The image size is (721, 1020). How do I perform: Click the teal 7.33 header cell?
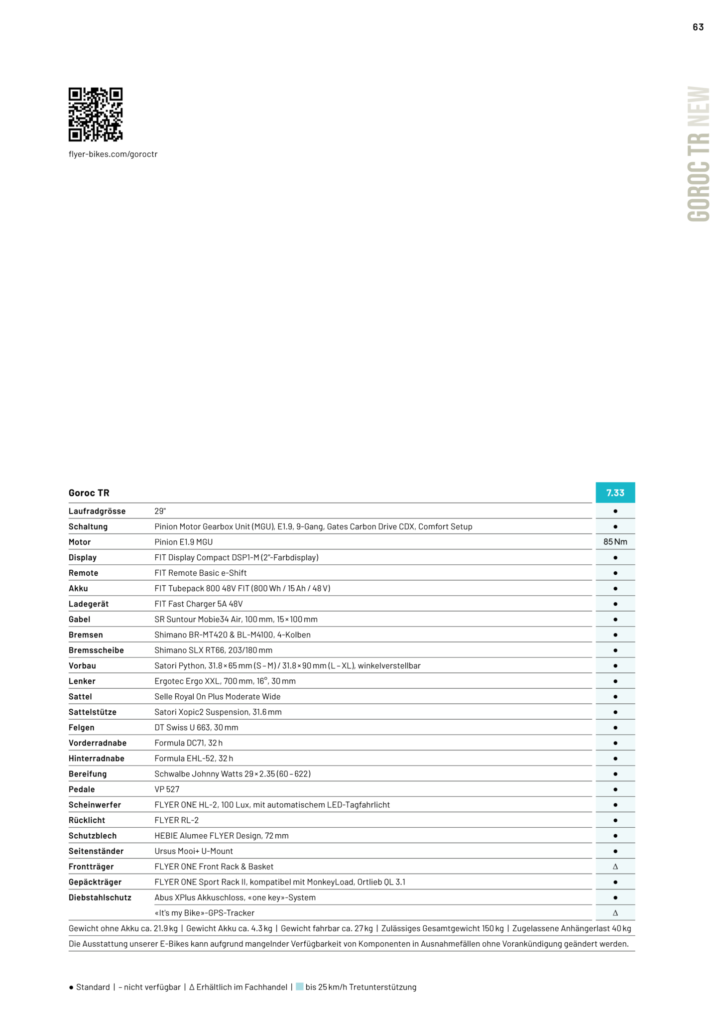click(x=615, y=493)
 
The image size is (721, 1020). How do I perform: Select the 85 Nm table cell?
click(x=615, y=541)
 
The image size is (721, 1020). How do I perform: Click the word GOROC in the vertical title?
click(x=699, y=191)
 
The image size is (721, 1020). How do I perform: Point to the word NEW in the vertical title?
click(x=699, y=106)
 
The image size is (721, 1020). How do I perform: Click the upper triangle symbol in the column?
click(x=615, y=867)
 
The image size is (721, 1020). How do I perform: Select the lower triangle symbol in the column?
click(x=615, y=913)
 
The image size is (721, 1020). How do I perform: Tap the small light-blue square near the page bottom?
click(x=299, y=986)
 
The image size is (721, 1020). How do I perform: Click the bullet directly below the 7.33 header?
click(x=615, y=511)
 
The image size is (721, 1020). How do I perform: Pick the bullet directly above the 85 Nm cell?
click(x=615, y=526)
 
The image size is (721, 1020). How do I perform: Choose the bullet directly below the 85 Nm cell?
click(x=615, y=557)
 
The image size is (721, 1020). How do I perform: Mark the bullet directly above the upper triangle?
click(x=615, y=851)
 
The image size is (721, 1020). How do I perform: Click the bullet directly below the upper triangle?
click(x=615, y=882)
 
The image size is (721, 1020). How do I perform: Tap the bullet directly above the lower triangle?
click(x=615, y=897)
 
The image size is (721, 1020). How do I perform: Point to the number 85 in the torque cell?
click(x=608, y=541)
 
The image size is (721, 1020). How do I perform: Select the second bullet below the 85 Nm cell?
click(x=615, y=573)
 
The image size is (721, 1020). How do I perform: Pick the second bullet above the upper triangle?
click(x=615, y=836)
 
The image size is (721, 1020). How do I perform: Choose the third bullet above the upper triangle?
click(x=615, y=820)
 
